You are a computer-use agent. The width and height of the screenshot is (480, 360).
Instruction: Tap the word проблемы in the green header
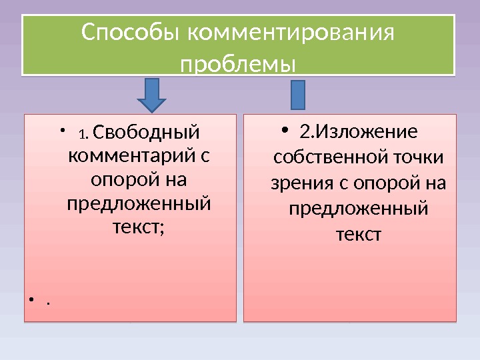tap(239, 65)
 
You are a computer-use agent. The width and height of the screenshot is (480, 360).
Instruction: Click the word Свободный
tap(146, 131)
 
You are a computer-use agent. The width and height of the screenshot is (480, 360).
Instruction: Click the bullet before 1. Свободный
tap(61, 130)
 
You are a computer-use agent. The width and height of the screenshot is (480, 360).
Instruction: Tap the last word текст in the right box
tap(357, 234)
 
